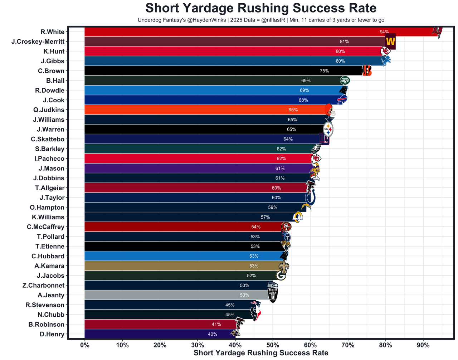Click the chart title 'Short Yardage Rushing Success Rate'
click(x=261, y=8)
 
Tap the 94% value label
click(x=384, y=32)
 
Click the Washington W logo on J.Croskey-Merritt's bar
click(x=390, y=42)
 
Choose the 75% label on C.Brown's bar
click(x=324, y=71)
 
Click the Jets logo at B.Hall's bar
click(x=345, y=81)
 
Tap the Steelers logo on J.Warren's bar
click(x=328, y=130)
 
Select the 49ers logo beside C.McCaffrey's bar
click(x=286, y=227)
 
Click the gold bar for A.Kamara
click(x=179, y=266)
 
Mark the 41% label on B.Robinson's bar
click(x=216, y=325)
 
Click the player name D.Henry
click(x=52, y=334)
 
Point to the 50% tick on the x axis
click(x=273, y=345)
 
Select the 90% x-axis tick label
click(x=423, y=345)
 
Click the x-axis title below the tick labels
click(x=261, y=353)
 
